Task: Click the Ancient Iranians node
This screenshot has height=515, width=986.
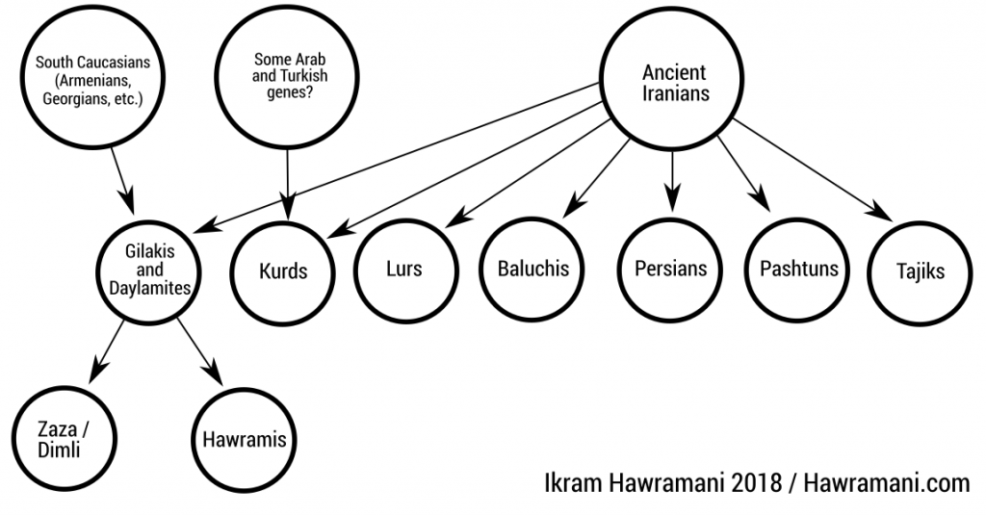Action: click(x=674, y=84)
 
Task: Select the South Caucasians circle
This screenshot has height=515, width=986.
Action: click(x=87, y=81)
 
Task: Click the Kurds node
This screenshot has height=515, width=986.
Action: click(x=283, y=270)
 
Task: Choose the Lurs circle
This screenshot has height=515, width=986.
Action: click(x=402, y=269)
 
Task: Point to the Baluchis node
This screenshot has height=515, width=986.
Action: click(x=533, y=269)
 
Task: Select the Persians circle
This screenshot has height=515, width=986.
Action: click(x=671, y=269)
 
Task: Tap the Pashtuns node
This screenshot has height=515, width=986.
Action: click(x=798, y=269)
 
